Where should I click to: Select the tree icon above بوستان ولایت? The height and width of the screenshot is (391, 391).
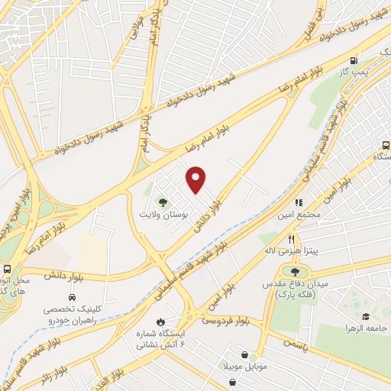162,202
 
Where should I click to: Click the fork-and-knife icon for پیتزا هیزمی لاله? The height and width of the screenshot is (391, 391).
291,239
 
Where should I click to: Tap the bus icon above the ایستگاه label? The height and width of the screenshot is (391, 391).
384,145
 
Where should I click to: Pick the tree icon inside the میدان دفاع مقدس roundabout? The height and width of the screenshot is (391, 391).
295,271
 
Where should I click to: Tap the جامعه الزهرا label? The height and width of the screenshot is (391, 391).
367,328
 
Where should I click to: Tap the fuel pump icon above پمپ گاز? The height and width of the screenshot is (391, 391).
352,61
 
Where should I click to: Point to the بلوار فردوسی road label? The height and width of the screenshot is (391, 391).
226,323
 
